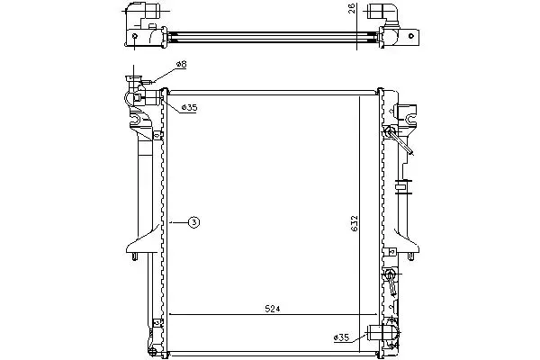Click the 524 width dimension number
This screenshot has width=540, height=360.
273,309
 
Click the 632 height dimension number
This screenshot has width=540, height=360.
355,223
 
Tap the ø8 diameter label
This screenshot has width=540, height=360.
181,64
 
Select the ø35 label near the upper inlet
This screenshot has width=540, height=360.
189,108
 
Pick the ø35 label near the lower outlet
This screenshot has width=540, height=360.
341,337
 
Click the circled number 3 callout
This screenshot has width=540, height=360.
193,222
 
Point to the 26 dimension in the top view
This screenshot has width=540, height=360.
352,8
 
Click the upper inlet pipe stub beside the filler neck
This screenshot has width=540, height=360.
148,97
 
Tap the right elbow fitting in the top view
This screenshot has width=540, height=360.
383,12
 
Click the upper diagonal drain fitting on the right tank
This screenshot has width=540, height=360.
399,140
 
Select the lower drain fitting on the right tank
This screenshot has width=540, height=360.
391,282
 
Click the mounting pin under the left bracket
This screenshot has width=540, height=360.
135,256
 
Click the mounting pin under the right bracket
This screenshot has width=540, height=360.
410,256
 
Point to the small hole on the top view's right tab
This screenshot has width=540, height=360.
411,35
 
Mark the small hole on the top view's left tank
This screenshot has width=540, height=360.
135,36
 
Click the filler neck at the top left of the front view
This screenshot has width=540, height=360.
133,80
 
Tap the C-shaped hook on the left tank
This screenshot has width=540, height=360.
135,120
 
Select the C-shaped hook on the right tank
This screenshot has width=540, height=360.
411,119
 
